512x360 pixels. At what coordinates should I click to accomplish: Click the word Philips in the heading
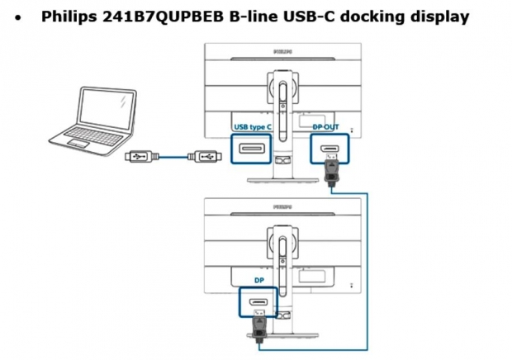tap(69, 17)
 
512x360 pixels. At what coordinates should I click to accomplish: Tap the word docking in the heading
tap(372, 17)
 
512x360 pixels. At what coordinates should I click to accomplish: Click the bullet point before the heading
tap(18, 18)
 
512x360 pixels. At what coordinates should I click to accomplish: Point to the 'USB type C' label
tap(253, 127)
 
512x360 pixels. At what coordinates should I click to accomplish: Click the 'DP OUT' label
tap(325, 126)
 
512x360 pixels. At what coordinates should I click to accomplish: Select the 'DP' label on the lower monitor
tap(259, 280)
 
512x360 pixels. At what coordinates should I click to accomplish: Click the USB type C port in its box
tap(251, 149)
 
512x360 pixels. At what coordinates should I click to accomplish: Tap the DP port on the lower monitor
tap(258, 302)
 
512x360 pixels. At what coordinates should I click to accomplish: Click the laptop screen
tap(107, 109)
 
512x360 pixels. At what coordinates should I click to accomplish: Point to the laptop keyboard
tap(94, 135)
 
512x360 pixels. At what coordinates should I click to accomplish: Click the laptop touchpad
tap(78, 143)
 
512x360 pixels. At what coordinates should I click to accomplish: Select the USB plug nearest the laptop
tap(142, 157)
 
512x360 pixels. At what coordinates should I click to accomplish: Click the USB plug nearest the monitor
tap(205, 157)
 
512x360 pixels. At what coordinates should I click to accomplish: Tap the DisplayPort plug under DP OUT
tap(331, 170)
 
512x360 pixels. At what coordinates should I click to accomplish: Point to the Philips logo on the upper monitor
tap(282, 51)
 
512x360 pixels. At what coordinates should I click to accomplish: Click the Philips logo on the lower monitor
tap(282, 207)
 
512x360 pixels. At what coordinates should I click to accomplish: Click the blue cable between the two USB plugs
tap(173, 157)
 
